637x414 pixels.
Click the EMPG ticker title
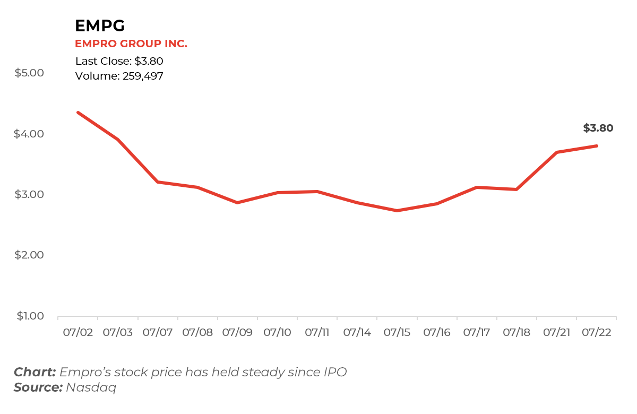click(x=100, y=25)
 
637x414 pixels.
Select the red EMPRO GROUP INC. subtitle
click(x=131, y=44)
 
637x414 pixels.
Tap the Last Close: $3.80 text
click(x=119, y=61)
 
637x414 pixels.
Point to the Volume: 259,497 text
click(x=119, y=76)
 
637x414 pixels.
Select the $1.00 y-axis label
click(x=31, y=316)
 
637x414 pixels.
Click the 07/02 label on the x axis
click(x=78, y=333)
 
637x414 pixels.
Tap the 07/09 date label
click(x=237, y=333)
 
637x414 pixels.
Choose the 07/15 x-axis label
click(x=397, y=333)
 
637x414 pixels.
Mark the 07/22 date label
click(x=597, y=333)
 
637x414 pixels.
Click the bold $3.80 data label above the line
click(x=598, y=128)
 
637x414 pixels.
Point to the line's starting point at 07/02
click(x=78, y=113)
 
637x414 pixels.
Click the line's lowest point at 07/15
click(x=397, y=211)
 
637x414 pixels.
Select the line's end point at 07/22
click(x=597, y=146)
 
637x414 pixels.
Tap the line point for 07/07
click(x=158, y=182)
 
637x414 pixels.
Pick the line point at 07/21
click(x=556, y=152)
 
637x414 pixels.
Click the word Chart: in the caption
click(x=35, y=372)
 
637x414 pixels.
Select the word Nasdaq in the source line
click(x=91, y=387)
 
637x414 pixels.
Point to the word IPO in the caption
click(x=335, y=372)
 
